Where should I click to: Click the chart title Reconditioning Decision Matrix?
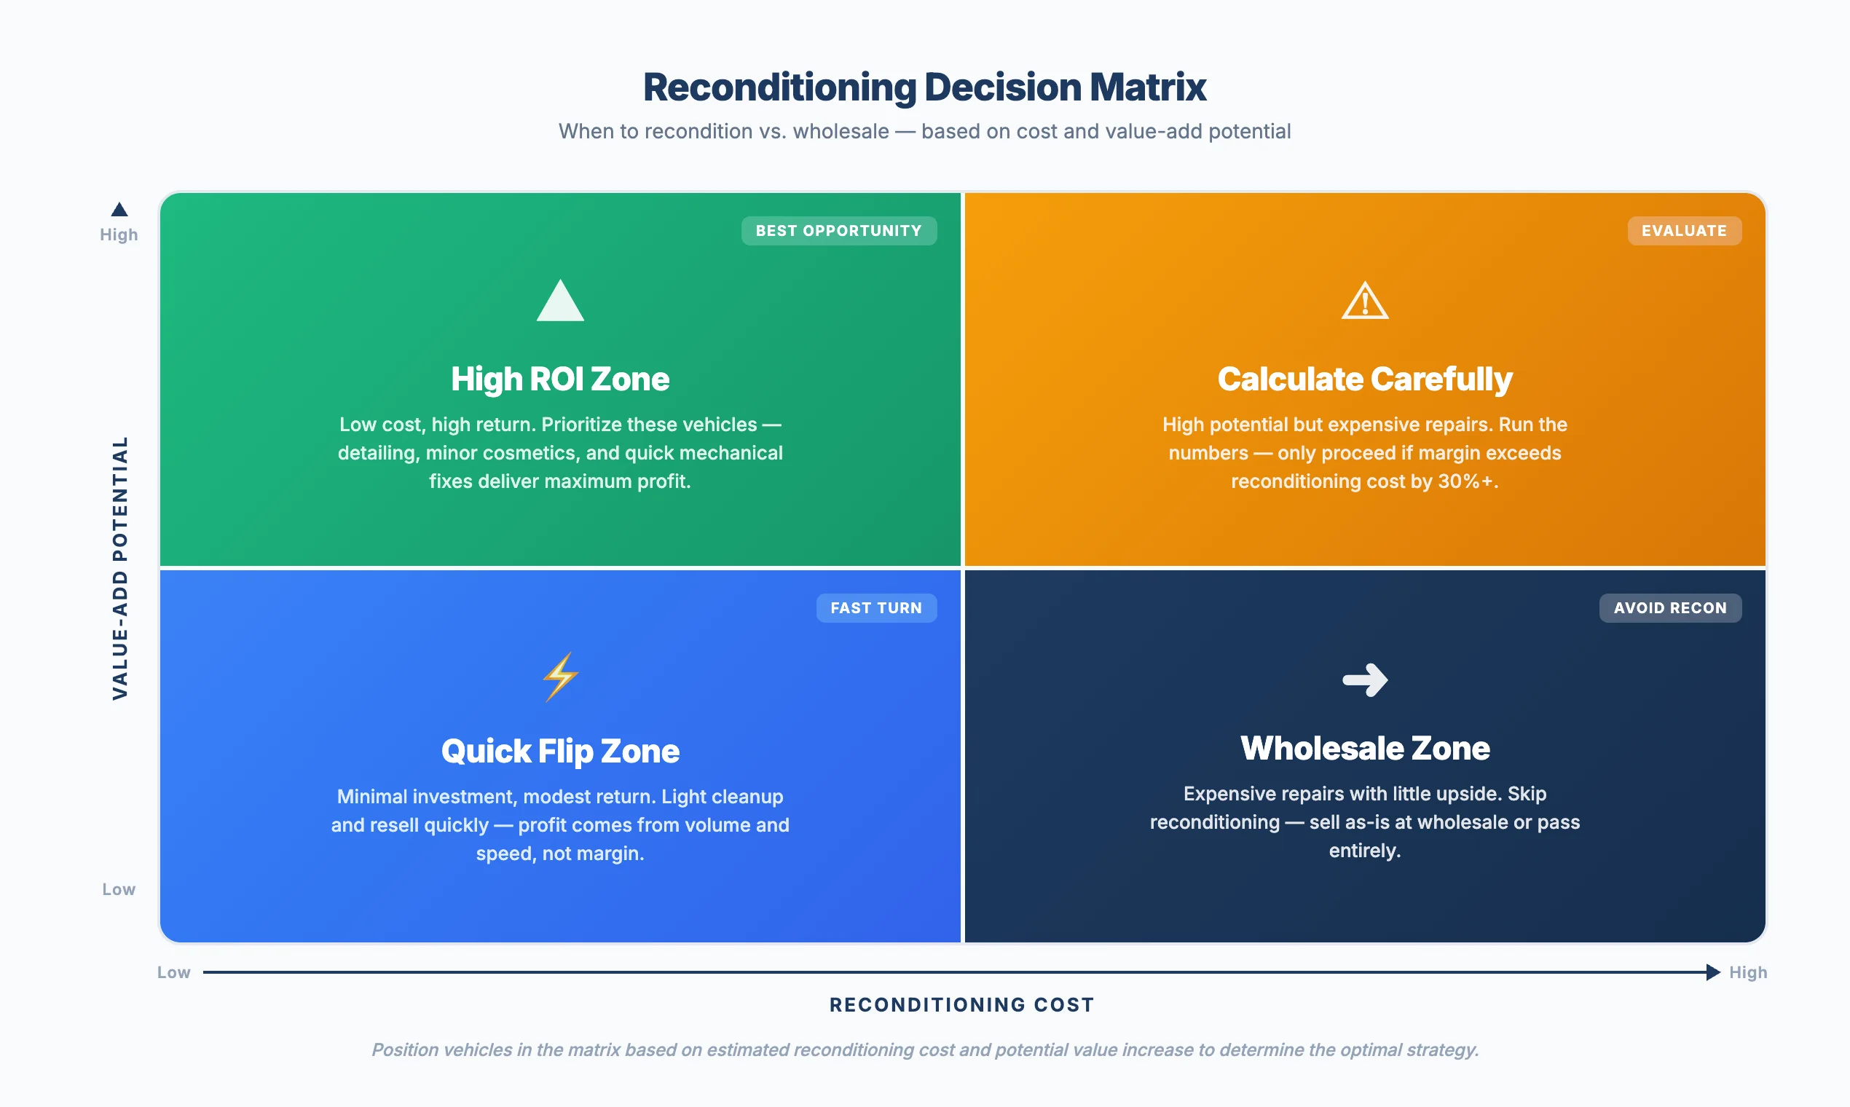click(x=924, y=87)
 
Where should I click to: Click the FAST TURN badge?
click(x=875, y=608)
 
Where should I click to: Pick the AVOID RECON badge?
click(x=1669, y=608)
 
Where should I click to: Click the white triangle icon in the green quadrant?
click(x=560, y=302)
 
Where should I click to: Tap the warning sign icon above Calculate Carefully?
click(x=1364, y=302)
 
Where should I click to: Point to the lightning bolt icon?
click(x=560, y=677)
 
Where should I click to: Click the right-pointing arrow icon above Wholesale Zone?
click(x=1364, y=679)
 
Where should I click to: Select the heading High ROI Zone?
click(x=560, y=379)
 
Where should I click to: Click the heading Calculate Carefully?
click(x=1364, y=379)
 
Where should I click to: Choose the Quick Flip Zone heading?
click(x=560, y=750)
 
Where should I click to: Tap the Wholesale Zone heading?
click(x=1364, y=748)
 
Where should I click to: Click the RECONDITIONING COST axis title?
click(x=961, y=1005)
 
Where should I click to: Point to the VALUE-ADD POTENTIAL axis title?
click(x=120, y=567)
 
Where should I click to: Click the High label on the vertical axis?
click(x=119, y=235)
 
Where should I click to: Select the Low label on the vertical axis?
click(x=119, y=889)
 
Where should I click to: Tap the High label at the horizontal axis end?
click(x=1748, y=972)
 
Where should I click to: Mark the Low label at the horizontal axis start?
click(x=174, y=972)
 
